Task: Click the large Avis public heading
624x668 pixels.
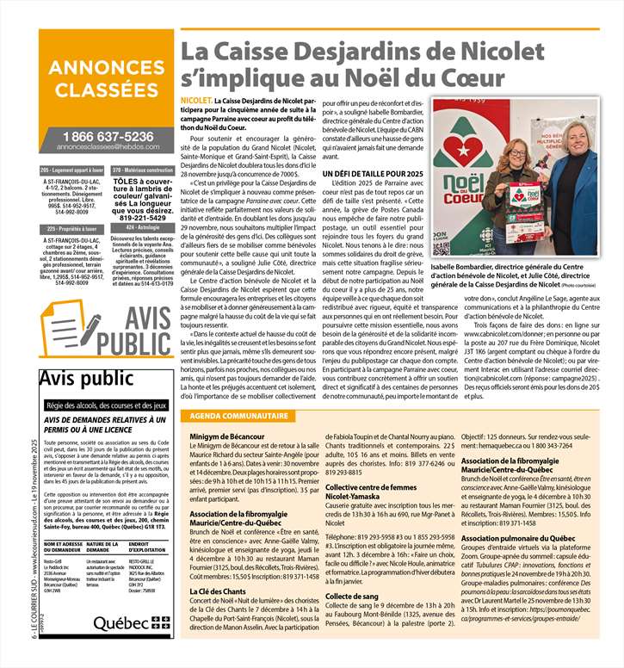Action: point(75,380)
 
